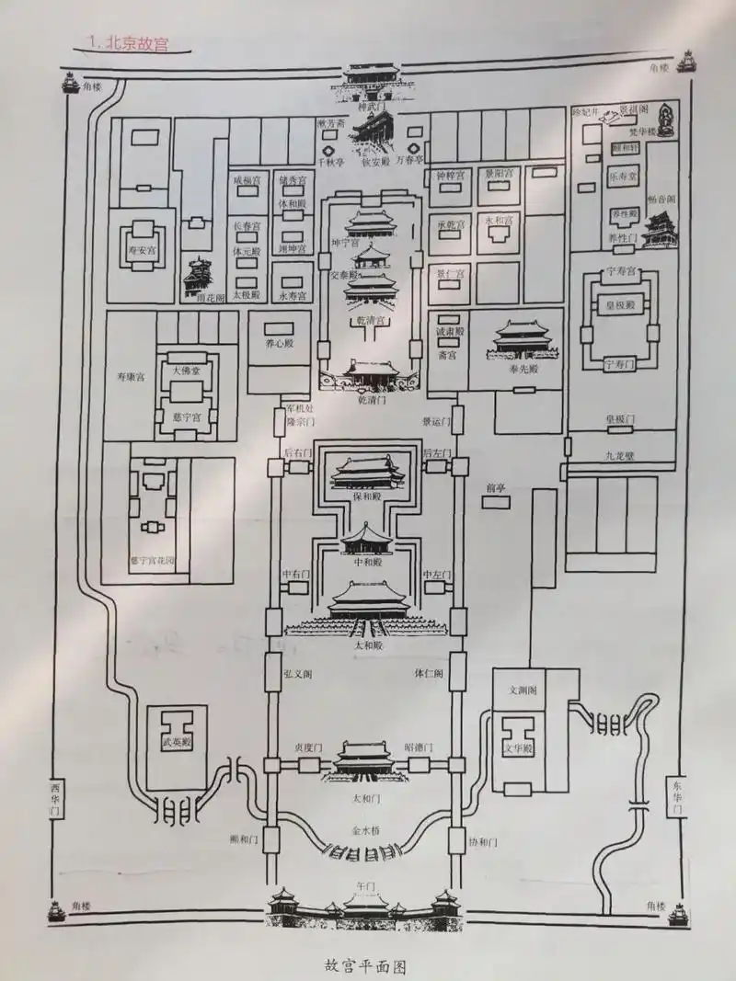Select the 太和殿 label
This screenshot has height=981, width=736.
367,646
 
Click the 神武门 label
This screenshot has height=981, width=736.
376,108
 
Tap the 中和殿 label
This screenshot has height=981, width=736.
367,561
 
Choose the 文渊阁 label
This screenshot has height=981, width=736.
522,690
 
